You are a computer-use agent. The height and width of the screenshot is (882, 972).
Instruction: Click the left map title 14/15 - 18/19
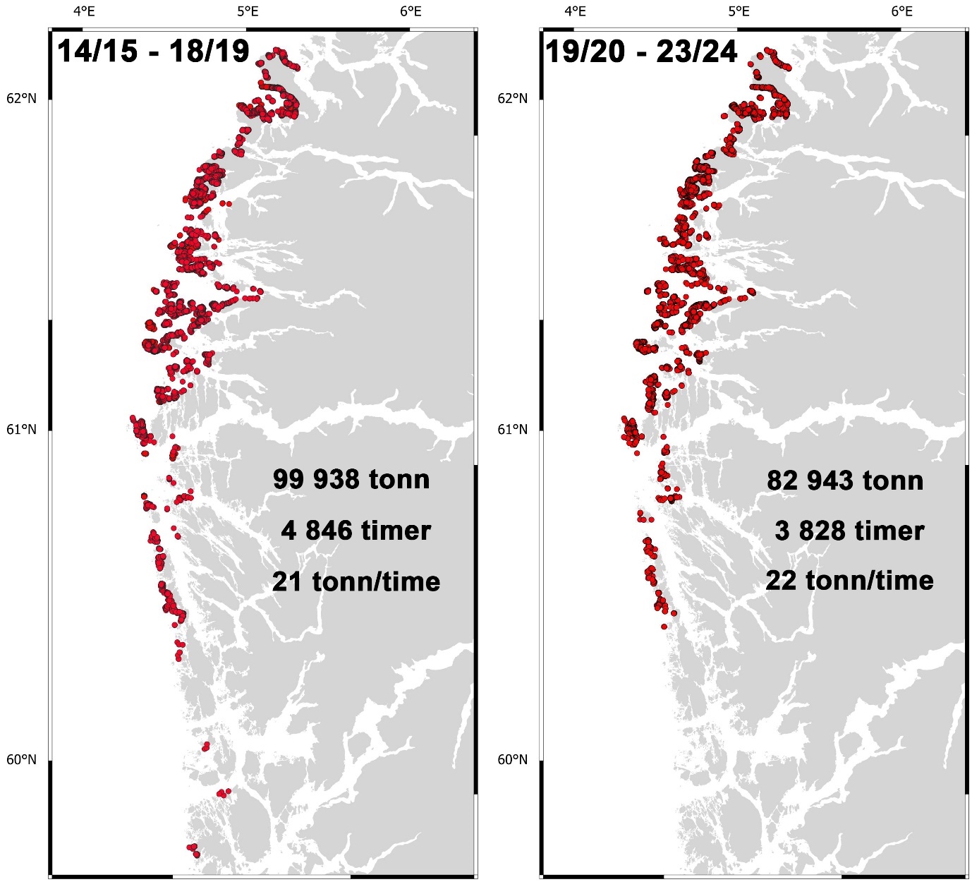click(153, 52)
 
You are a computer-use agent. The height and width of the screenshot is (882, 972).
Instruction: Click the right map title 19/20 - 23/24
click(641, 52)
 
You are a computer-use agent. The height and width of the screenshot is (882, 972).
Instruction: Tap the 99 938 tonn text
click(351, 479)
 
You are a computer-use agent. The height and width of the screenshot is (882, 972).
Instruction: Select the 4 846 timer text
click(356, 530)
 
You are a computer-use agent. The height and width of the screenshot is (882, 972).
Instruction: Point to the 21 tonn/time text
click(356, 581)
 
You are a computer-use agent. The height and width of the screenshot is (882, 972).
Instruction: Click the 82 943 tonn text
click(845, 481)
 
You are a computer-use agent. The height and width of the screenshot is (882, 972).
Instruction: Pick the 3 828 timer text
click(849, 531)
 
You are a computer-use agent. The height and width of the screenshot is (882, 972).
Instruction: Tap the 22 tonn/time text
click(849, 581)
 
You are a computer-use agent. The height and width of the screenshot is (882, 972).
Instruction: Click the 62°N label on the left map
click(21, 98)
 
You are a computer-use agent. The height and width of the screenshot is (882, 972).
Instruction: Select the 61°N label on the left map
click(21, 429)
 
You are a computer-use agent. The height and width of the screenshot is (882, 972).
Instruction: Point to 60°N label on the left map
click(21, 760)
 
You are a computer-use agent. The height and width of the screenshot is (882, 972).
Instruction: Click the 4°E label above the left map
click(84, 11)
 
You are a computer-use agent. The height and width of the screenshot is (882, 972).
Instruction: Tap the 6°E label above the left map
click(410, 11)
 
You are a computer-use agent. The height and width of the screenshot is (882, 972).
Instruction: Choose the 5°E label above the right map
click(739, 11)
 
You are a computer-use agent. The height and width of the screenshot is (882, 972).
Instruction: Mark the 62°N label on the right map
click(513, 98)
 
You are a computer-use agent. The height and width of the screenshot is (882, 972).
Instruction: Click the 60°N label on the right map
click(513, 760)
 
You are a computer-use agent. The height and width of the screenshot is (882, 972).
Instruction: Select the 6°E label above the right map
click(901, 11)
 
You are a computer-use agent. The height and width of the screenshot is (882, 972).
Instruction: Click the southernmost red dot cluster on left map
click(193, 850)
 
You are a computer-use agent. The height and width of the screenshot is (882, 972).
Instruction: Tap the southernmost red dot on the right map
click(664, 626)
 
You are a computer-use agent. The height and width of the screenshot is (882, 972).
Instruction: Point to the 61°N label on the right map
click(513, 429)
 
